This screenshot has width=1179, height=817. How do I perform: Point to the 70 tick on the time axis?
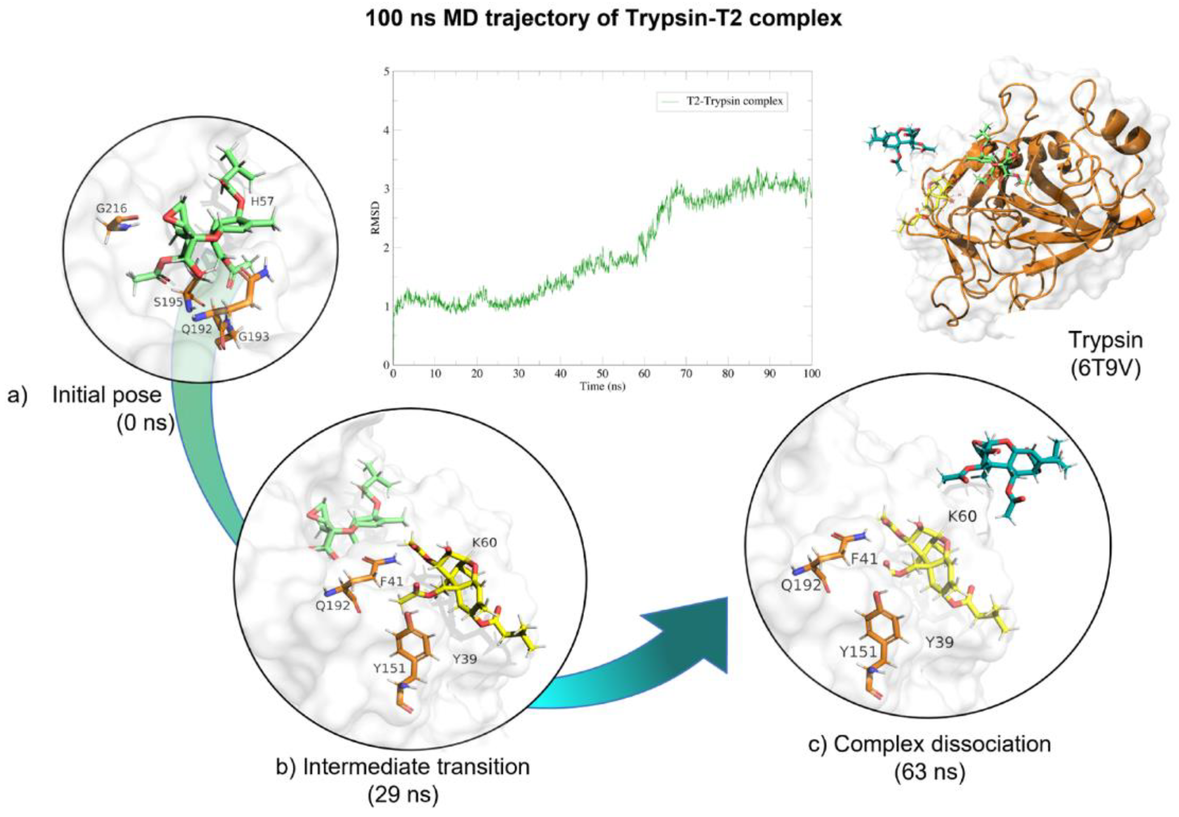(686, 374)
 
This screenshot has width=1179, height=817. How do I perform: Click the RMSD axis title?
(376, 218)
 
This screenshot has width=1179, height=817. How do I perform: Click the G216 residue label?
(111, 208)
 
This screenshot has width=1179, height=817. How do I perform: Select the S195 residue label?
(168, 302)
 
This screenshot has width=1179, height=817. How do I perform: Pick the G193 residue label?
(254, 337)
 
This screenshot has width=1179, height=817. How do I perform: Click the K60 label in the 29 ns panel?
(484, 542)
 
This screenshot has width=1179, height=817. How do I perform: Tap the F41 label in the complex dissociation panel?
(864, 558)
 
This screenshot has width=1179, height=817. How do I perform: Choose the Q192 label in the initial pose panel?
(197, 329)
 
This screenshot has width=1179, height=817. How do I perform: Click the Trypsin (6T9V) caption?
(1105, 354)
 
